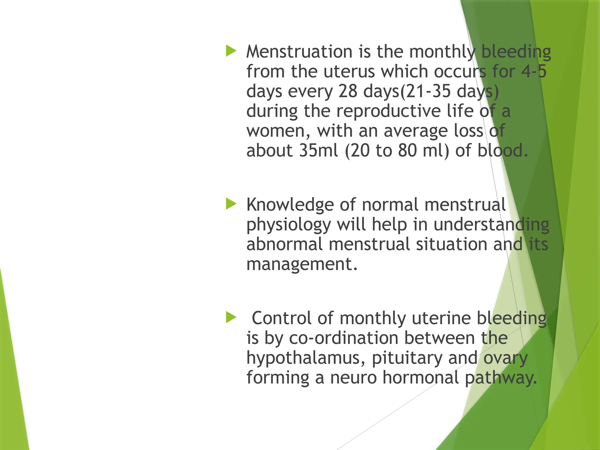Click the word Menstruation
[x=299, y=52]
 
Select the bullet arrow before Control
[x=231, y=317]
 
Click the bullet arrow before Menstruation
[x=231, y=51]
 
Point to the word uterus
[x=349, y=71]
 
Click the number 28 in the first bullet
[x=348, y=91]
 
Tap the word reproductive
[x=388, y=111]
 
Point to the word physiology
[x=289, y=225]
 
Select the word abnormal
[x=284, y=244]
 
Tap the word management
[x=302, y=264]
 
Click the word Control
[x=281, y=318]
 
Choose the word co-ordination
[x=344, y=338]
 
